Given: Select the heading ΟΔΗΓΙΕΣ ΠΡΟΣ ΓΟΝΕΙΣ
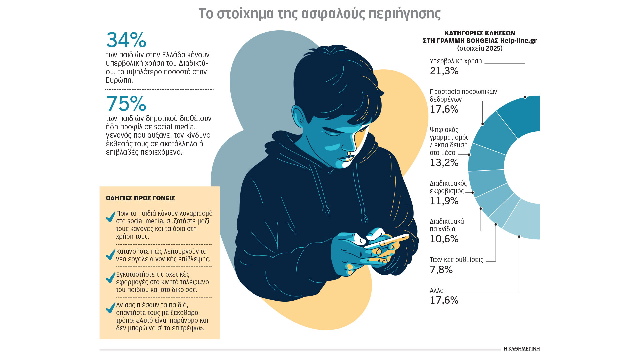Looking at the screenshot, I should (x=140, y=198).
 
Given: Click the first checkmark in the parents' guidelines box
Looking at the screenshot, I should (x=110, y=217).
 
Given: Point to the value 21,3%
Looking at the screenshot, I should (x=444, y=71).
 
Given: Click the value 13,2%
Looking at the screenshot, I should (x=444, y=163).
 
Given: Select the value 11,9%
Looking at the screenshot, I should (x=444, y=201).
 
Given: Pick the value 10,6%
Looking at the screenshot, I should (x=444, y=239).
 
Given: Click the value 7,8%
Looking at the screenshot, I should (x=441, y=270).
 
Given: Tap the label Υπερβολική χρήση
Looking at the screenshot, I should (x=456, y=61).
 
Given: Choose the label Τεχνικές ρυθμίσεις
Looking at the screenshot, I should (x=456, y=260).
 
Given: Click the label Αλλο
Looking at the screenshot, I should (x=437, y=290).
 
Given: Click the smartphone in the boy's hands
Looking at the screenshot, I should (x=387, y=242).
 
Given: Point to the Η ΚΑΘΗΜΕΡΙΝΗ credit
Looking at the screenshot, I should (x=522, y=349).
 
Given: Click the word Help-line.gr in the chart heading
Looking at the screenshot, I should (x=518, y=41).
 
